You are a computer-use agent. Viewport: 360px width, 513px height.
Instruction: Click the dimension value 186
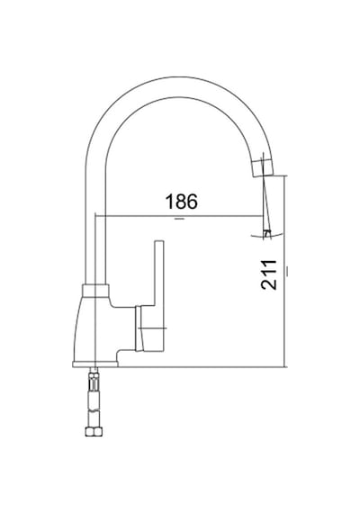point(182,202)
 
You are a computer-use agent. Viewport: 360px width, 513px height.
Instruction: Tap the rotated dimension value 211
point(269,275)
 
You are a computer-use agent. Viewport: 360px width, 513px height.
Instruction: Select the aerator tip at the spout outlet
point(263,168)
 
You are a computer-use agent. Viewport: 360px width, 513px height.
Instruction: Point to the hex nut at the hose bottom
point(94,431)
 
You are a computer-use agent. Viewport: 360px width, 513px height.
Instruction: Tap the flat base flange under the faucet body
point(95,364)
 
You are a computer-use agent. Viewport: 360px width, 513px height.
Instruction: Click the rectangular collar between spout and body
point(95,291)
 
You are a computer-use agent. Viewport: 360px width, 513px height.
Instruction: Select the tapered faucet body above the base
point(94,328)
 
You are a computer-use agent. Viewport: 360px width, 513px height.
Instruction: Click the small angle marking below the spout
point(267,234)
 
